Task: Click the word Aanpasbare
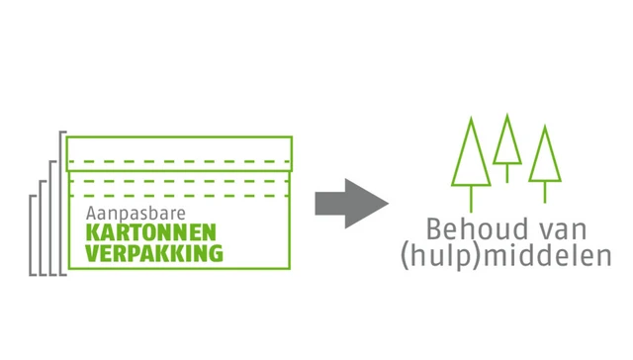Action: point(130,214)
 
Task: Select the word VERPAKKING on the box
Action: point(154,252)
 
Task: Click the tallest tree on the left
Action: point(471,158)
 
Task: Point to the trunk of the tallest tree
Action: point(471,198)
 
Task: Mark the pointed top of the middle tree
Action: point(507,117)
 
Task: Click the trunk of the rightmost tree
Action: point(544,191)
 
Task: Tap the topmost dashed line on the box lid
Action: point(178,160)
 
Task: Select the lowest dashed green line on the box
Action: point(178,194)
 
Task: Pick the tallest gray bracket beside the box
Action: point(61,202)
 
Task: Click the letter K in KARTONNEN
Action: point(91,233)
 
